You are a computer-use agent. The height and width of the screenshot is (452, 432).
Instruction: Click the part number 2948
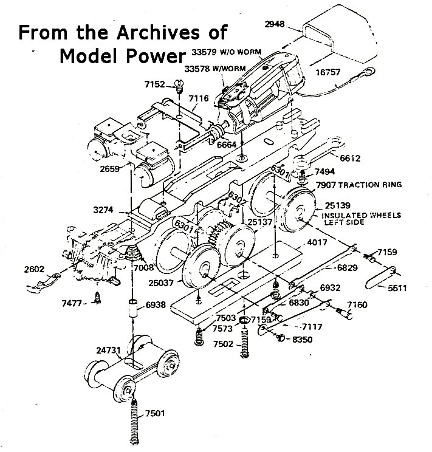click(274, 24)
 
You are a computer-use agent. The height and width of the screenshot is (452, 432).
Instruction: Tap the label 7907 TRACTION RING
click(358, 185)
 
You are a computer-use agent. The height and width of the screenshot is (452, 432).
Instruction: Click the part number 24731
click(108, 351)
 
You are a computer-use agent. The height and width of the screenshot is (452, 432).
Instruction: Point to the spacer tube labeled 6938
click(133, 309)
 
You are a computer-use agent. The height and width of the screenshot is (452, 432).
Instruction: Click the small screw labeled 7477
click(97, 298)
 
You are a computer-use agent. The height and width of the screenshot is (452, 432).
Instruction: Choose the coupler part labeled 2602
click(43, 282)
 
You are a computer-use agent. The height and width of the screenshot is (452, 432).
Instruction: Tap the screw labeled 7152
click(179, 86)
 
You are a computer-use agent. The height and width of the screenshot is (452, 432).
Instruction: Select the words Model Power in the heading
click(123, 56)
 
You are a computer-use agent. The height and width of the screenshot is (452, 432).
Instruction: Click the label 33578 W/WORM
click(215, 69)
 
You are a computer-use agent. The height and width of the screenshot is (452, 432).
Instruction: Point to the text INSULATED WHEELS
click(361, 215)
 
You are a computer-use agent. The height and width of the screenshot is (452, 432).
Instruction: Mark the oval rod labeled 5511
click(380, 278)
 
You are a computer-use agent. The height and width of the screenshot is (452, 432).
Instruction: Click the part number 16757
click(328, 72)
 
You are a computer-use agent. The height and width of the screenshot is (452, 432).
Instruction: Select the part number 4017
click(317, 242)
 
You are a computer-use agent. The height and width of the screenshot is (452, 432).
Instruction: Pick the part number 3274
click(103, 210)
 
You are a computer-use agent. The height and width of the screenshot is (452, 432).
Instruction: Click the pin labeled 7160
click(345, 314)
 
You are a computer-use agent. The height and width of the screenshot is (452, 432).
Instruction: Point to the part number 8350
click(302, 340)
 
